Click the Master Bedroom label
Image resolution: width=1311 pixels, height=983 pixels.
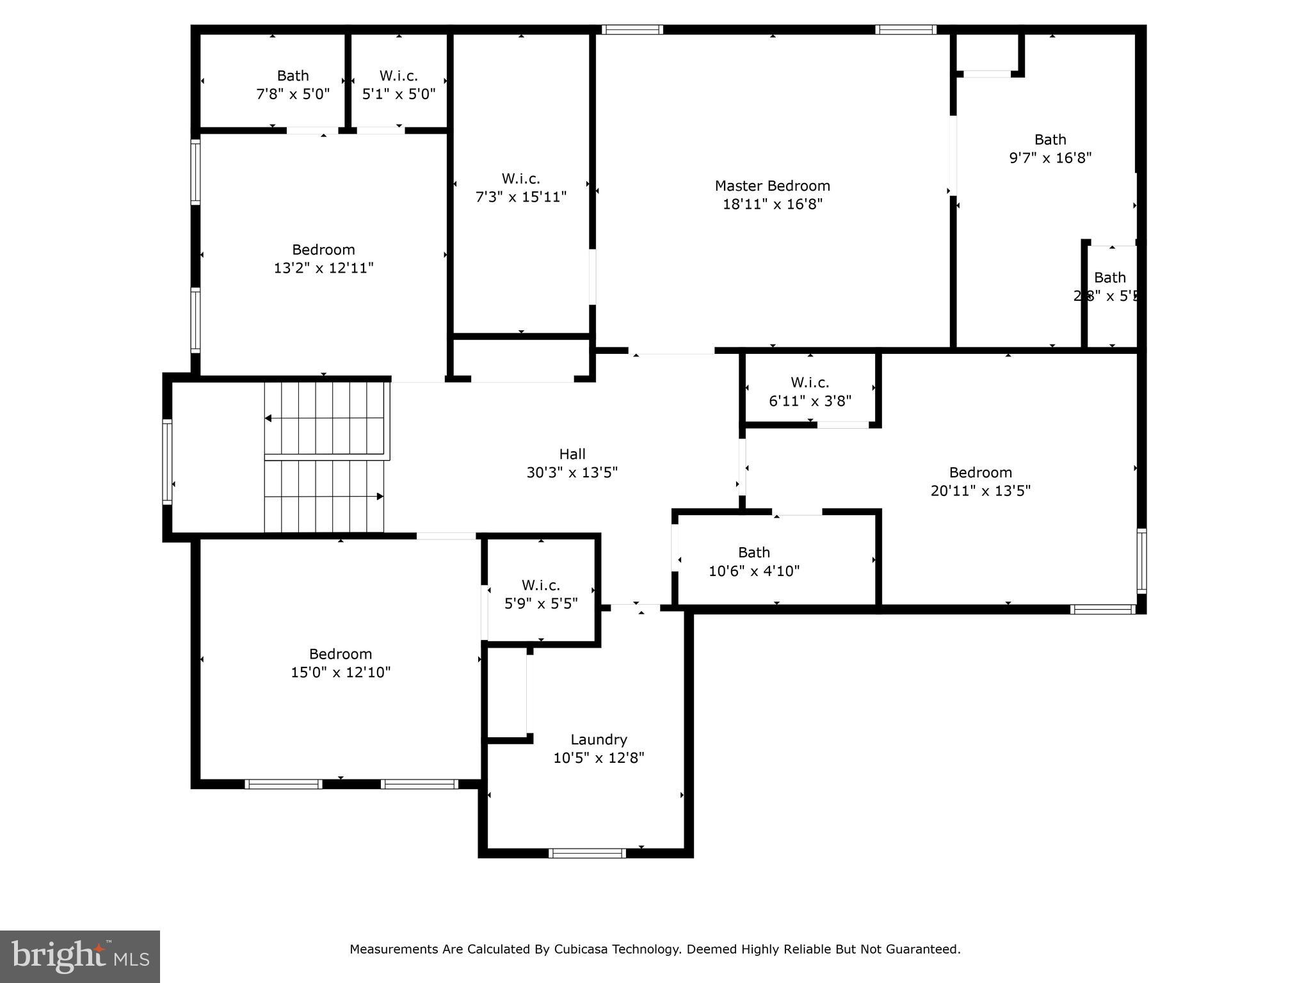[x=772, y=186]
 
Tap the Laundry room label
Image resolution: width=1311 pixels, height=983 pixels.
[x=599, y=739]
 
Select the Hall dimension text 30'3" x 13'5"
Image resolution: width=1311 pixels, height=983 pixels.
[x=572, y=472]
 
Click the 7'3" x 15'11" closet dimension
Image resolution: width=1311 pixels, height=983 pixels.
[x=520, y=196]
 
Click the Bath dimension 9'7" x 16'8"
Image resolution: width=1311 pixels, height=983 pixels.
[x=1050, y=157]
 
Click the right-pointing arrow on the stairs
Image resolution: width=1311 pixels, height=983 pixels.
[x=380, y=496]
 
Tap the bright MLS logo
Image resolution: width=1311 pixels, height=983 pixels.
[x=80, y=956]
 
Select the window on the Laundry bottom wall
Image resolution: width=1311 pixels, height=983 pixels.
[x=587, y=853]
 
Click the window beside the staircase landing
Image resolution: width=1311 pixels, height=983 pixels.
[x=167, y=462]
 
